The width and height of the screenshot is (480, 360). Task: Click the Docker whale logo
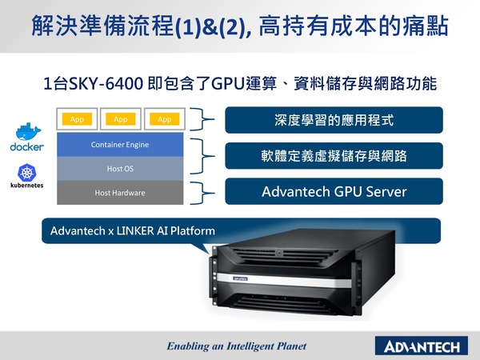pos(26,131)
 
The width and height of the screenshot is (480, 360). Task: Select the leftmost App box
pos(78,119)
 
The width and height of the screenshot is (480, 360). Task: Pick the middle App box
pos(121,119)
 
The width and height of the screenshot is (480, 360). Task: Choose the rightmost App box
pos(165,119)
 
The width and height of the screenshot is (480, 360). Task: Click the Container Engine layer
pos(120,145)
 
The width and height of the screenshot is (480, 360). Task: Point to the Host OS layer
pos(120,169)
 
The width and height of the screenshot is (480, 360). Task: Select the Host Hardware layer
pos(120,193)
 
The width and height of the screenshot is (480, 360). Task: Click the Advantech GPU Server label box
pos(334,192)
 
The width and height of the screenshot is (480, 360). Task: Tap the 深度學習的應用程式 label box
pos(334,121)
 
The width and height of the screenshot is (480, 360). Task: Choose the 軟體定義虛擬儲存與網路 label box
pos(334,156)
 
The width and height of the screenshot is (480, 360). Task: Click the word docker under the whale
pos(26,147)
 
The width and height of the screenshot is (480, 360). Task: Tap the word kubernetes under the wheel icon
pos(26,185)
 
